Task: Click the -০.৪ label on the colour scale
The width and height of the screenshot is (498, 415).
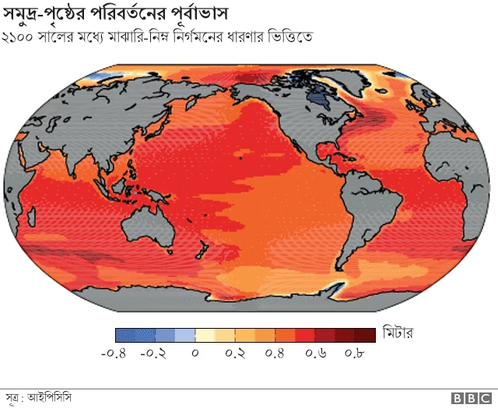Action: click(114, 354)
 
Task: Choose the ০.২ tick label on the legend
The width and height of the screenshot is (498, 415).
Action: click(236, 354)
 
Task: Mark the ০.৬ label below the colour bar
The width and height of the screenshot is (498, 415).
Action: click(316, 354)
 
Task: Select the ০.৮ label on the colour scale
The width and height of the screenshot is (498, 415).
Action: click(355, 354)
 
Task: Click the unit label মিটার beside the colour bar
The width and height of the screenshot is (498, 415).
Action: click(397, 335)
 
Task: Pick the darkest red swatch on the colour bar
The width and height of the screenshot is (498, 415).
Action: click(366, 335)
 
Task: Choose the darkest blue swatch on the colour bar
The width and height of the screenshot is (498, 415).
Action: click(125, 335)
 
